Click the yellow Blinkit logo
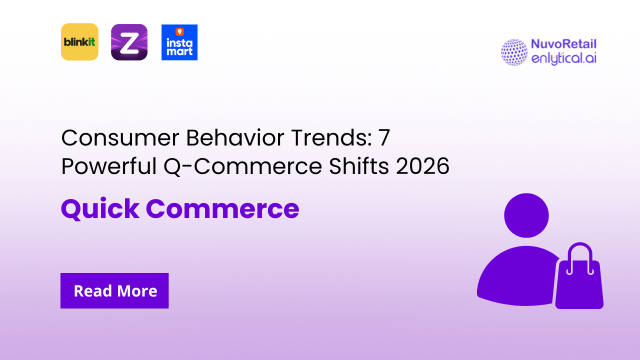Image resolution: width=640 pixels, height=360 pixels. tap(79, 42)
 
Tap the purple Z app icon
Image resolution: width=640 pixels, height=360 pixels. tap(129, 42)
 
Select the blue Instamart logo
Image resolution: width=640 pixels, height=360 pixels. tap(179, 42)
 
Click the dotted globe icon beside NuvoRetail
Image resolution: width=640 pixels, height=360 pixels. tap(514, 52)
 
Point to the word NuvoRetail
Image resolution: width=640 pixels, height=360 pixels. tap(563, 44)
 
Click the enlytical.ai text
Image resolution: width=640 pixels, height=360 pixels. tap(563, 58)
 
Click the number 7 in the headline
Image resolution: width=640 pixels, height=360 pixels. tap(383, 138)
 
